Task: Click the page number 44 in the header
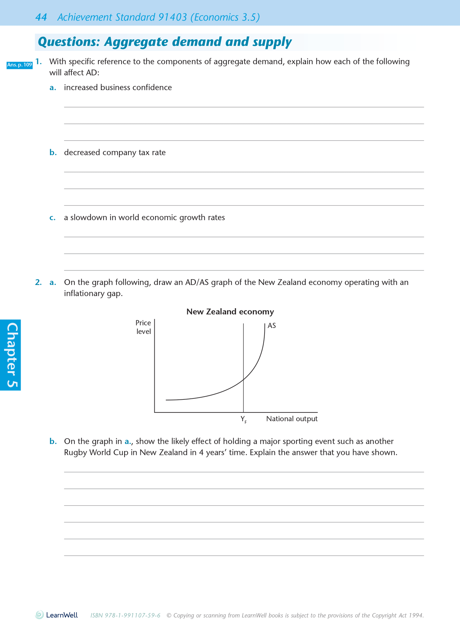[x=41, y=17]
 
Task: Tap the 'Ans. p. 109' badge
[x=19, y=65]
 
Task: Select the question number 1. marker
[x=39, y=61]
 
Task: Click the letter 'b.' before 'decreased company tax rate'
[x=53, y=153]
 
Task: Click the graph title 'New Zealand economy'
[x=230, y=312]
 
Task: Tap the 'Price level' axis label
[x=143, y=327]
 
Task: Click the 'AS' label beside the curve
[x=272, y=326]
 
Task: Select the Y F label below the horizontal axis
[x=243, y=419]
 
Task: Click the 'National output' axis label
[x=292, y=419]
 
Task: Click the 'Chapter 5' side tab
[x=11, y=355]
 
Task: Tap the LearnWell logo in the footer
[x=57, y=615]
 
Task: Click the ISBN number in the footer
[x=125, y=615]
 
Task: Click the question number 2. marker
[x=39, y=282]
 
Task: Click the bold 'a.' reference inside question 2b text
[x=128, y=441]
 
